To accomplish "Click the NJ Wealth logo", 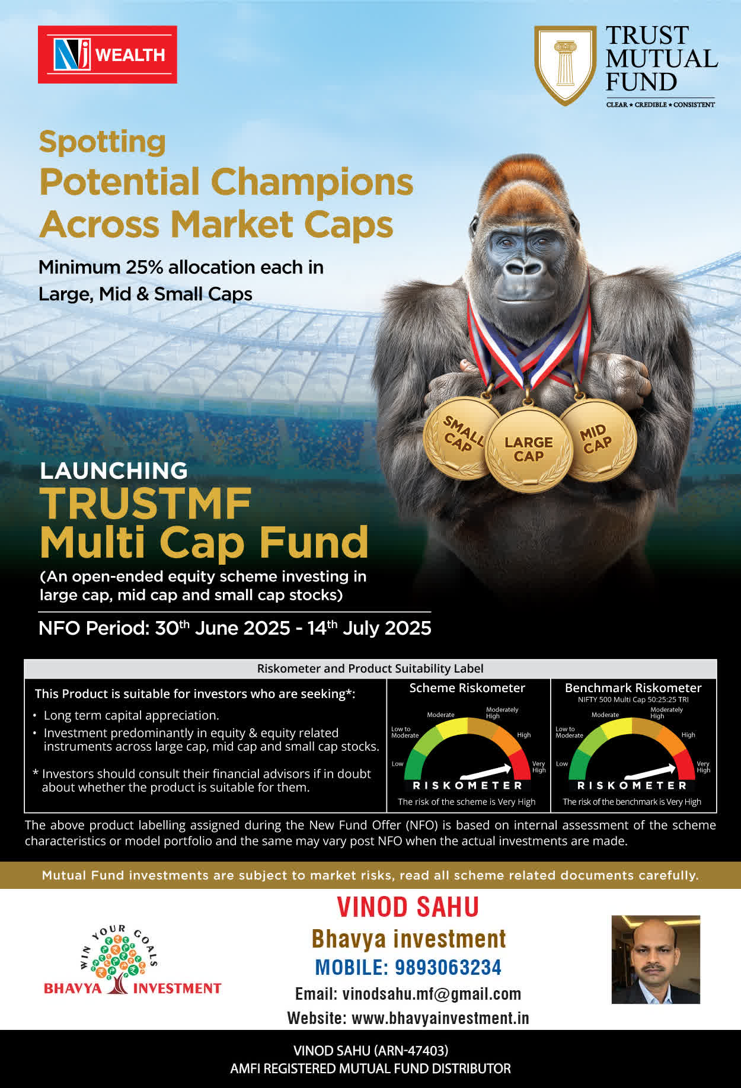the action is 107,55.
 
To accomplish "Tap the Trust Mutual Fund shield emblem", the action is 565,65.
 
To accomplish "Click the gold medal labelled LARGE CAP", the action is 529,449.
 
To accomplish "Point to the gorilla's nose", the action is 523,267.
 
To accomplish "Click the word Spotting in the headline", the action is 103,143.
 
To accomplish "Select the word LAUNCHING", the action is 114,471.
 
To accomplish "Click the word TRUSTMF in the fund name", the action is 146,504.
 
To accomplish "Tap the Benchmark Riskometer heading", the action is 633,688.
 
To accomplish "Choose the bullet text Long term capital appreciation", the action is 132,715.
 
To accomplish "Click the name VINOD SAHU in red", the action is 408,907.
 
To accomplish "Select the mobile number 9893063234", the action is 448,967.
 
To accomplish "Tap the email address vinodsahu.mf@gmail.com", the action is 432,994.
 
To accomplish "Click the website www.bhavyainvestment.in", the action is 440,1018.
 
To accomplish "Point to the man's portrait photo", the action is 656,959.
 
